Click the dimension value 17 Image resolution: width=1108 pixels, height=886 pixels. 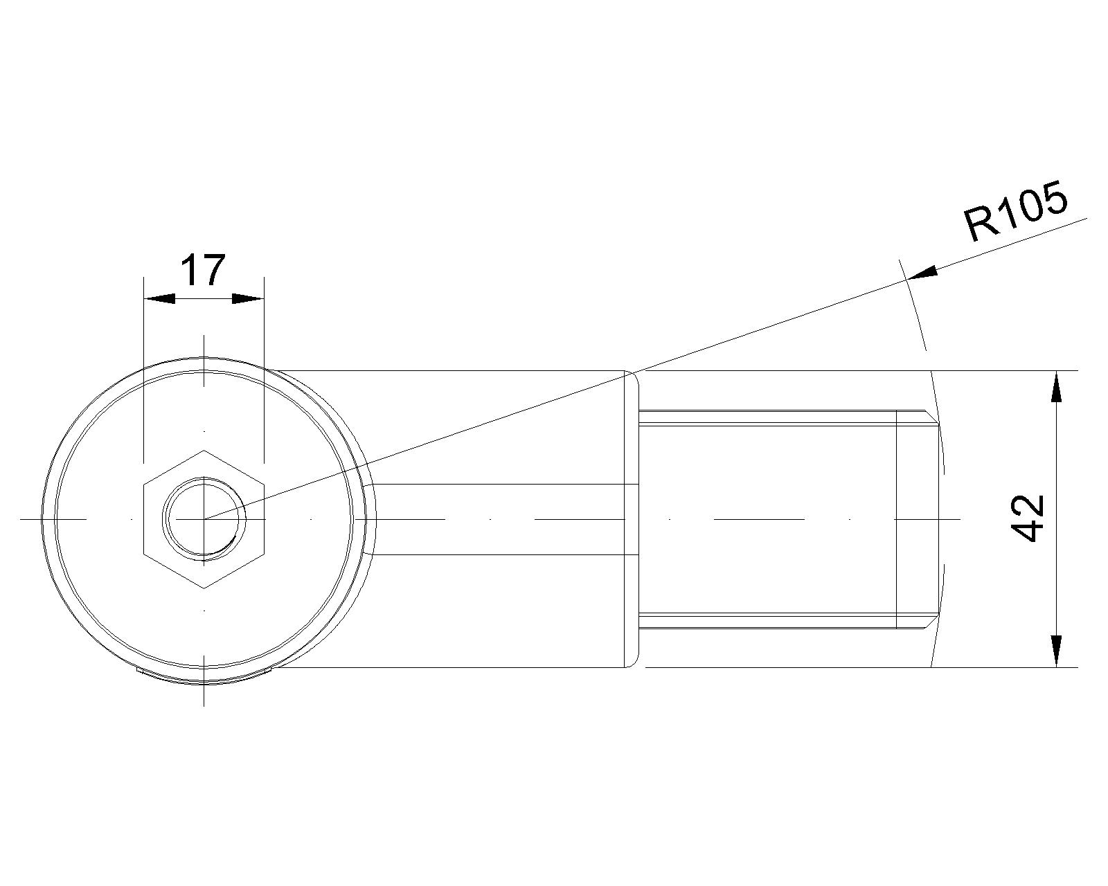[x=203, y=271]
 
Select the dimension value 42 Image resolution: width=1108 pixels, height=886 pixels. [x=1028, y=518]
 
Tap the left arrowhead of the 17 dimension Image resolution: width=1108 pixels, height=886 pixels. [x=158, y=298]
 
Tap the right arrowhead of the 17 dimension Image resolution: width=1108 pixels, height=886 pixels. [x=248, y=298]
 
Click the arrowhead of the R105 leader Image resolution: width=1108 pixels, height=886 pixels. [x=922, y=273]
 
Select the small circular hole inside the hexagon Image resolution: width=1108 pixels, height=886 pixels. [x=204, y=518]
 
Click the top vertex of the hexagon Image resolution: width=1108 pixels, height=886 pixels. [x=204, y=450]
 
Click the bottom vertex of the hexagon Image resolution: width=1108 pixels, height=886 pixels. [x=204, y=588]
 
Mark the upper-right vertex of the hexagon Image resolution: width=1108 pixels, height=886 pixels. [x=264, y=484]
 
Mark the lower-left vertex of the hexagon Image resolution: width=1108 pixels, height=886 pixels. [x=143, y=553]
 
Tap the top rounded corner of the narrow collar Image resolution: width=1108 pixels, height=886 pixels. [x=632, y=374]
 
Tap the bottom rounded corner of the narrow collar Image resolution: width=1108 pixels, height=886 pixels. [x=632, y=664]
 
